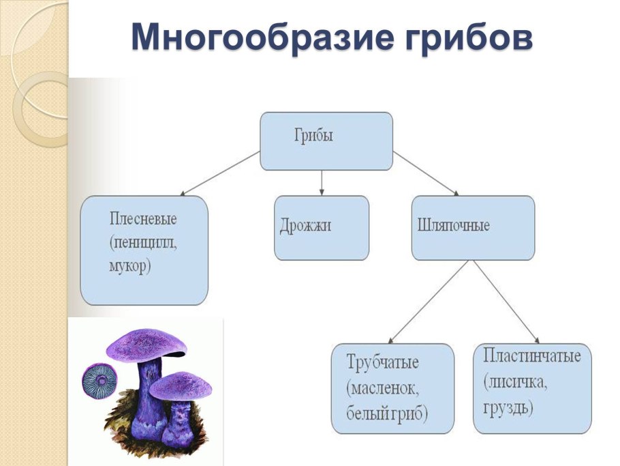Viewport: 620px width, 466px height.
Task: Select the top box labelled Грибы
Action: [x=326, y=141]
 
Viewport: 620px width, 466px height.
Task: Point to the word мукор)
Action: [x=129, y=265]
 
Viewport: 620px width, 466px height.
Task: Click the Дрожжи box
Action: [x=322, y=227]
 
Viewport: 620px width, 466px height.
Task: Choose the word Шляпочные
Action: [x=452, y=226]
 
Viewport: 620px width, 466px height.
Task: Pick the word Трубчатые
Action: [x=382, y=363]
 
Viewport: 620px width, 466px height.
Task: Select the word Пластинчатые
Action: [x=531, y=356]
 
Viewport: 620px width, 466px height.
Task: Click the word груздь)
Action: [x=508, y=408]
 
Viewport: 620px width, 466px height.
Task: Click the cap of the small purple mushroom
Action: [x=181, y=385]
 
